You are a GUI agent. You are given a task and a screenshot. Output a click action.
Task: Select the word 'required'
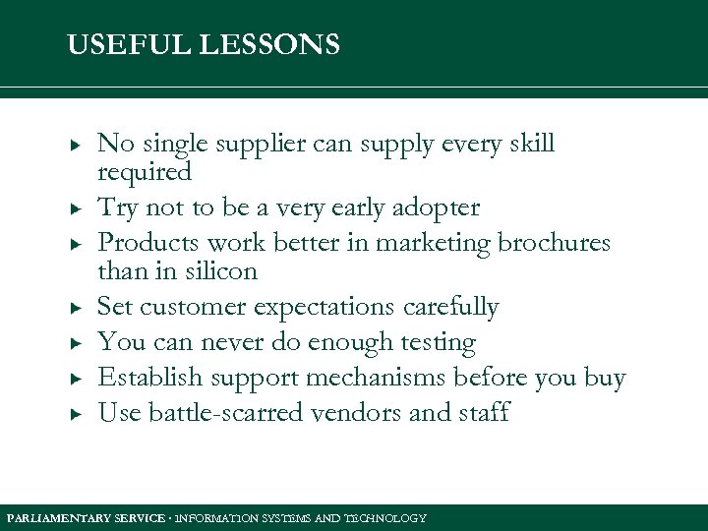tap(145, 173)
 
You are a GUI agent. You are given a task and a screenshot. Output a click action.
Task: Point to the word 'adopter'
tap(437, 208)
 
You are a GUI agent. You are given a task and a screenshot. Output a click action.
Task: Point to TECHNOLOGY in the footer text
tap(388, 518)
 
